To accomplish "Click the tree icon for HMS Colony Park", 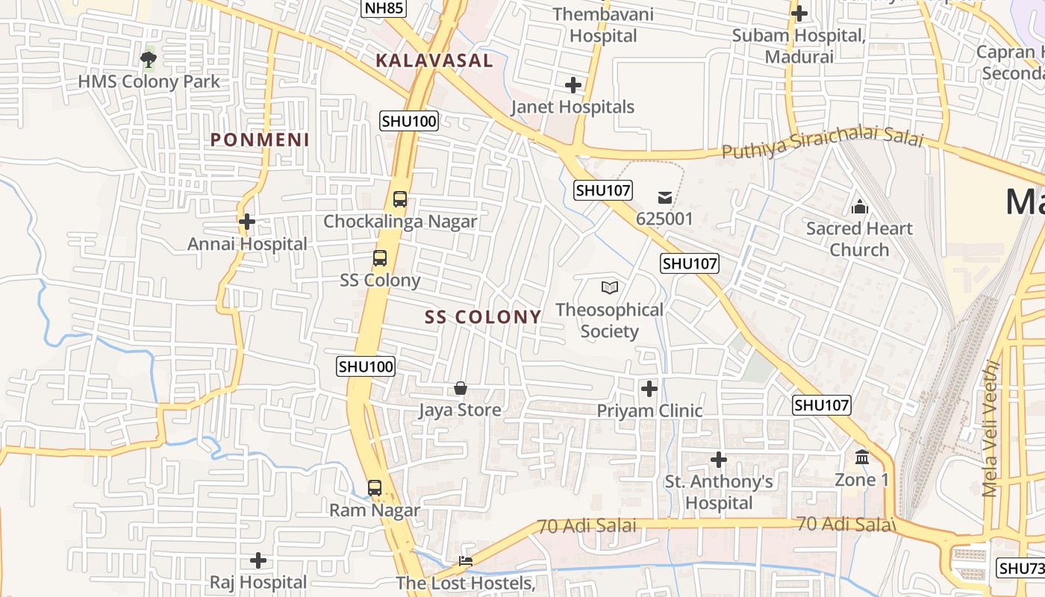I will [149, 58].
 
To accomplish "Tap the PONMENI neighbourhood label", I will [260, 140].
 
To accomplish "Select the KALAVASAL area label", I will [434, 60].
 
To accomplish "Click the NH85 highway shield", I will [383, 8].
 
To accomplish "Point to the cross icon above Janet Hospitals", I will [573, 85].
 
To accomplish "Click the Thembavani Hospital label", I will [603, 25].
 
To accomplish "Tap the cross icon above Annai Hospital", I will [247, 222].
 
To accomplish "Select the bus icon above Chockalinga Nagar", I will [400, 199].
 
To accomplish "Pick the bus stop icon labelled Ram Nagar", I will [375, 488].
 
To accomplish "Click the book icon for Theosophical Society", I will [610, 287].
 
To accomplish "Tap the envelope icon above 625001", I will [664, 198].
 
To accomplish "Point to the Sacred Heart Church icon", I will [859, 206].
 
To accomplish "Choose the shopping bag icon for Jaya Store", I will [460, 388].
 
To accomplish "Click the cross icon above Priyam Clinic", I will [649, 388].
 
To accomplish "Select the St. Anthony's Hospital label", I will [719, 492].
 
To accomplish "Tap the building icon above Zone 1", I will [862, 457].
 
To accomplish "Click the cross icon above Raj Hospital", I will [258, 560].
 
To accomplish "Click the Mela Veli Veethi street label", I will [991, 429].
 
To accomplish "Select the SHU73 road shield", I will [1020, 568].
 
